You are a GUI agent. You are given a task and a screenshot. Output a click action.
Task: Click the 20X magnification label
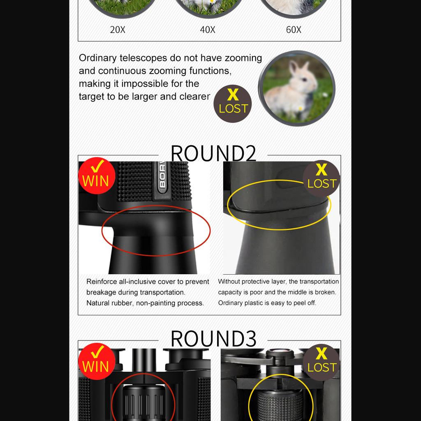tap(118, 30)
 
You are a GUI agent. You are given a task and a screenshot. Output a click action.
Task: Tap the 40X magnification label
tap(208, 30)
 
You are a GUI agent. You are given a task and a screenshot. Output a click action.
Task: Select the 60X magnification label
tap(294, 30)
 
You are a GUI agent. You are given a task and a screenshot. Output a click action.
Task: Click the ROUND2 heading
tap(213, 153)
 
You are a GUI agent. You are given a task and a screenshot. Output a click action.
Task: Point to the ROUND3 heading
tap(213, 339)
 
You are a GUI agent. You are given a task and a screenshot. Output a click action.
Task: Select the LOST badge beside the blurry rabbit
tap(233, 104)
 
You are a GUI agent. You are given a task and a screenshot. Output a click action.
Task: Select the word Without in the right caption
tap(229, 282)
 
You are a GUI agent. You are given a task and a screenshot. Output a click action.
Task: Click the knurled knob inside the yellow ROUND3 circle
tap(281, 405)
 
